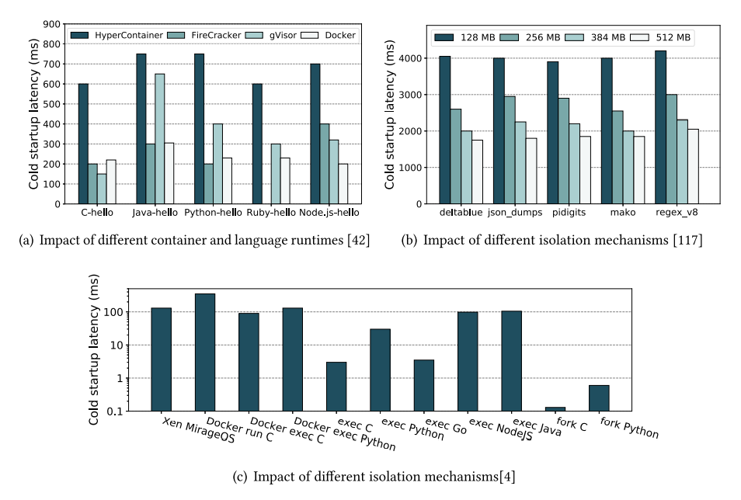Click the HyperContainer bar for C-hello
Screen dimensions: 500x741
pyautogui.click(x=83, y=144)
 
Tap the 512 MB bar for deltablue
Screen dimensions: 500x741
pyautogui.click(x=477, y=172)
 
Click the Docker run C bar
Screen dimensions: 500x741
pyautogui.click(x=205, y=352)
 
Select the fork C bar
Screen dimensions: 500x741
pyautogui.click(x=555, y=408)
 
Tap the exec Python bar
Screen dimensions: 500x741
pyautogui.click(x=380, y=370)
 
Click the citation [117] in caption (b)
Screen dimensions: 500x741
pyautogui.click(x=687, y=241)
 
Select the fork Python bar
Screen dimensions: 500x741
pyautogui.click(x=599, y=398)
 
